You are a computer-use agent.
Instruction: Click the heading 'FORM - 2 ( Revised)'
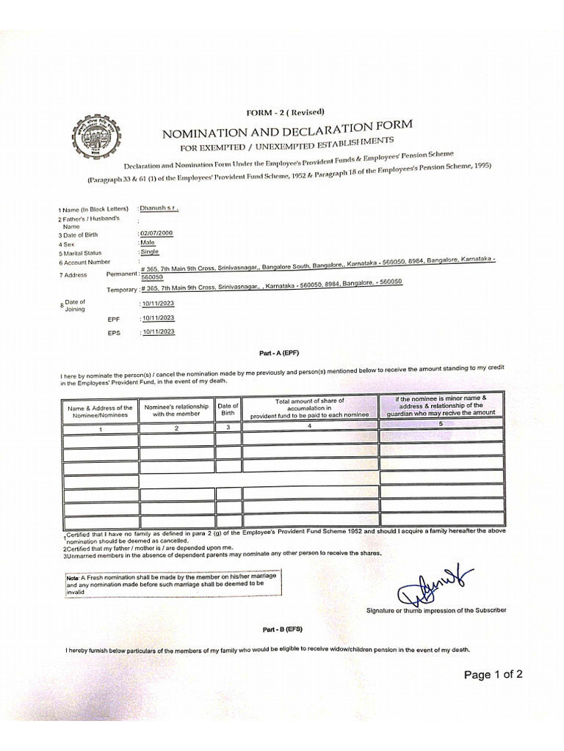pyautogui.click(x=281, y=111)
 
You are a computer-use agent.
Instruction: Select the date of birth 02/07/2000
pyautogui.click(x=158, y=232)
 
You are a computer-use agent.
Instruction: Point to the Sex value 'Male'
pyautogui.click(x=148, y=242)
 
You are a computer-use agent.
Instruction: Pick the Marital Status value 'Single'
pyautogui.click(x=150, y=252)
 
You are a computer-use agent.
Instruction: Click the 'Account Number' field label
pyautogui.click(x=87, y=262)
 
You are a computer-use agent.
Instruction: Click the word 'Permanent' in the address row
pyautogui.click(x=122, y=274)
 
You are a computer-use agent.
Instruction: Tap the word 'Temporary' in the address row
pyautogui.click(x=122, y=290)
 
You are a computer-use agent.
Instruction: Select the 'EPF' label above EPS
pyautogui.click(x=113, y=320)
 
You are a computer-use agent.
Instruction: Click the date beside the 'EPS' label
pyautogui.click(x=159, y=332)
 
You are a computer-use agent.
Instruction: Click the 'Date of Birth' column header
pyautogui.click(x=228, y=409)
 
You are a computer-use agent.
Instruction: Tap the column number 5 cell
pyautogui.click(x=441, y=424)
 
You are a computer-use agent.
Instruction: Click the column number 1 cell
pyautogui.click(x=100, y=430)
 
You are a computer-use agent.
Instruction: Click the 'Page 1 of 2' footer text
pyautogui.click(x=493, y=675)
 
